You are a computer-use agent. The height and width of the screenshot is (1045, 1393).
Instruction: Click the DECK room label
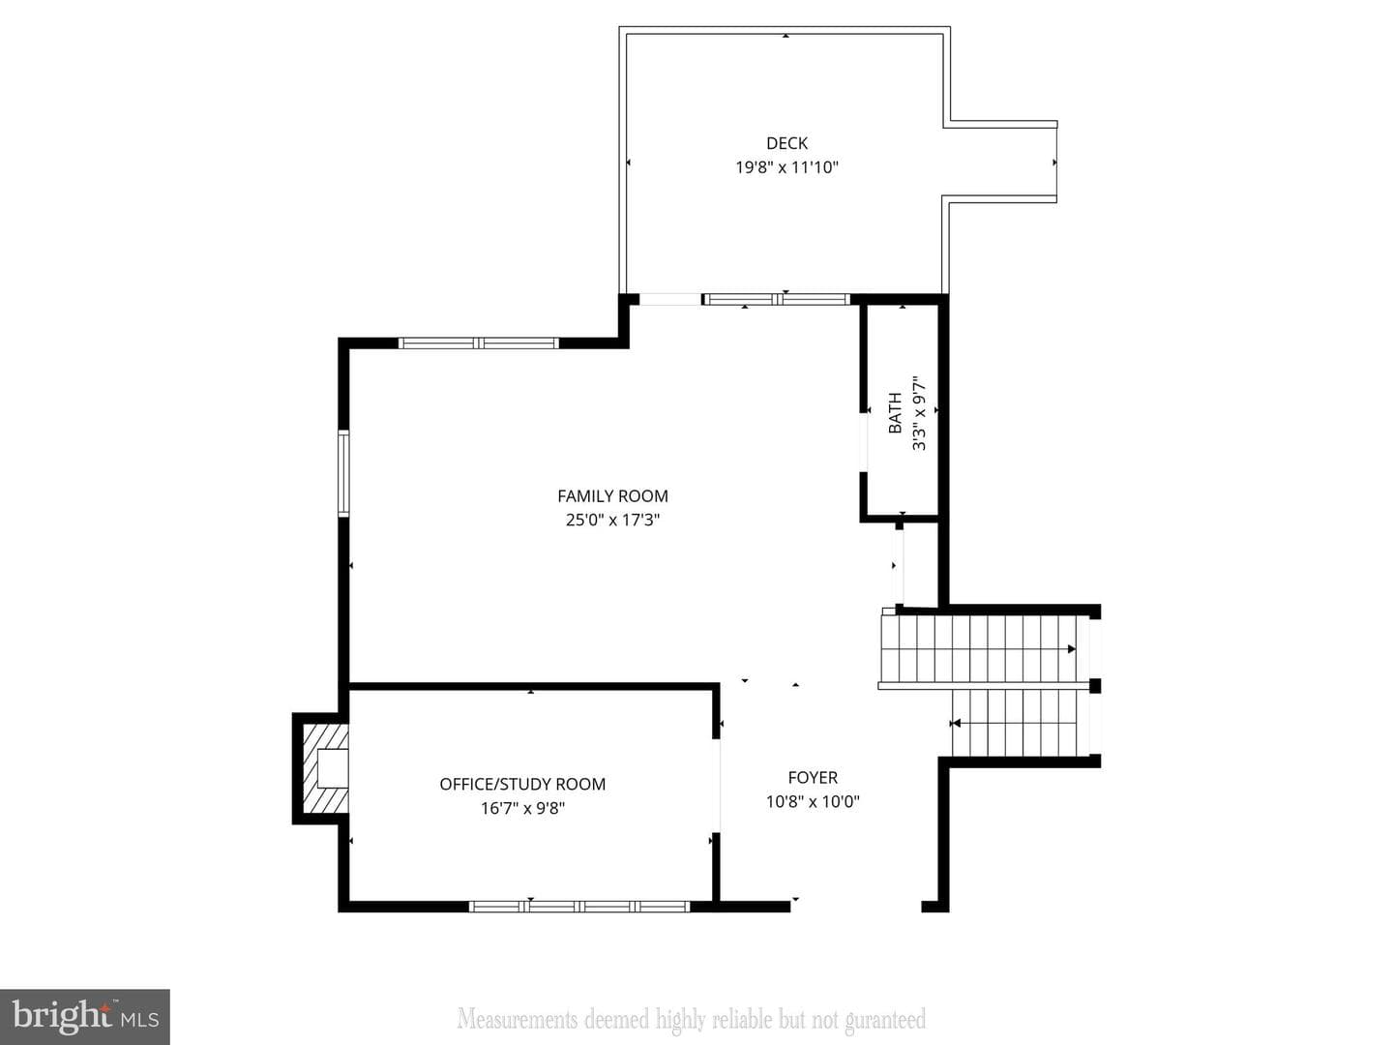(x=786, y=143)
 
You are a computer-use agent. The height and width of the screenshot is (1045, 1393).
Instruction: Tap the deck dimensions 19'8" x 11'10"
(x=786, y=167)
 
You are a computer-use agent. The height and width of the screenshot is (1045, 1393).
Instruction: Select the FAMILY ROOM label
(x=612, y=496)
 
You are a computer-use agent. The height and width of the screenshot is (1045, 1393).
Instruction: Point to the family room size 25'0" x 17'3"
(x=612, y=521)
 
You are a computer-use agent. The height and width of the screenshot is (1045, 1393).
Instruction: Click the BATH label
(x=895, y=413)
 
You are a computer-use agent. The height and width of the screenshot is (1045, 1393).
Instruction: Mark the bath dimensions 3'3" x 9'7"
(x=919, y=413)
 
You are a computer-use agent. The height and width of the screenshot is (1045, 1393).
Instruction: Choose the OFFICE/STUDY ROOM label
(x=522, y=784)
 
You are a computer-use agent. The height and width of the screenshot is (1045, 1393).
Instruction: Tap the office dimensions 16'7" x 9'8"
(x=522, y=808)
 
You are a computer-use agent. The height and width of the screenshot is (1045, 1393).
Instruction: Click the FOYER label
(x=813, y=778)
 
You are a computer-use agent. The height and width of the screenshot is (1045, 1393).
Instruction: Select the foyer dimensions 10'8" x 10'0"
(x=813, y=802)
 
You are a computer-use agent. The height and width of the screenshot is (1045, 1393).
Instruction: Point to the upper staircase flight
(x=978, y=649)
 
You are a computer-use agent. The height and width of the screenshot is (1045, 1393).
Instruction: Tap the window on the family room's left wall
(x=343, y=473)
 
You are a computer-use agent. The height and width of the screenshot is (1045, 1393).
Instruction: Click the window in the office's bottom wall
(x=579, y=907)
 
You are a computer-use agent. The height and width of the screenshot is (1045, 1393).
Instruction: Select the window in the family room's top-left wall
(x=479, y=343)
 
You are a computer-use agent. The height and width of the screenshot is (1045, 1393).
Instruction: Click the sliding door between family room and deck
(x=776, y=300)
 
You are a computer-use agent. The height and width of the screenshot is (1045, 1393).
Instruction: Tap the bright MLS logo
(x=85, y=1017)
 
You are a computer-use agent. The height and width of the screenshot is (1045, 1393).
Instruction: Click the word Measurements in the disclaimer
(x=518, y=1019)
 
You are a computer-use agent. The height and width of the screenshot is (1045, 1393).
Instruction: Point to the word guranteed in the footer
(x=885, y=1020)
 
